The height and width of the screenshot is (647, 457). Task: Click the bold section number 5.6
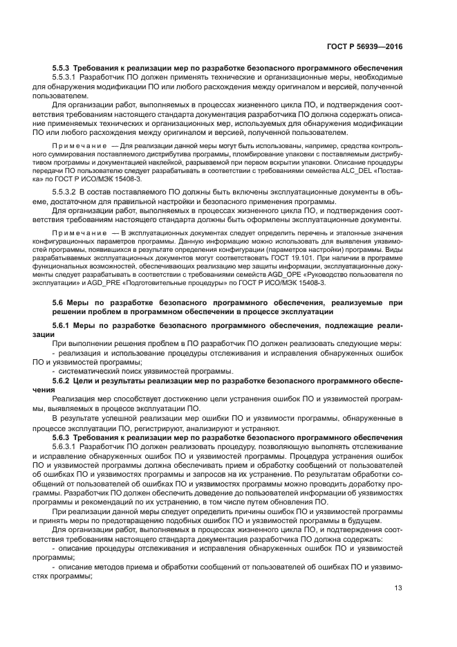[x=59, y=302]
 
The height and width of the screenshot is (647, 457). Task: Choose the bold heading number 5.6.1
[x=64, y=325]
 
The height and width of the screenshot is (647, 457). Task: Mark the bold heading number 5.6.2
[x=64, y=381]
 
